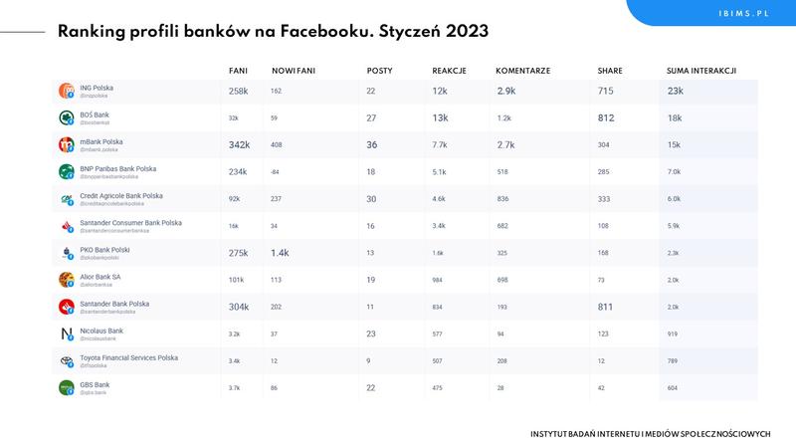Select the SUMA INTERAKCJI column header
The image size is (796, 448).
click(701, 71)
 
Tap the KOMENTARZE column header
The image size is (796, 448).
click(522, 71)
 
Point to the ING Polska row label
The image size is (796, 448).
click(97, 88)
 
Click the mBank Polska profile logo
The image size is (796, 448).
click(67, 144)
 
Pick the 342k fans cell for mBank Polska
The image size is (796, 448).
click(239, 144)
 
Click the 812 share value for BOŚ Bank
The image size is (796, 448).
click(606, 117)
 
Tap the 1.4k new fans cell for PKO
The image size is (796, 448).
click(280, 253)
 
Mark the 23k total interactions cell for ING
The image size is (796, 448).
click(675, 91)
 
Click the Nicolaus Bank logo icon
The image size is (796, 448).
click(67, 334)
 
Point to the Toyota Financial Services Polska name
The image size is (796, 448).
click(128, 357)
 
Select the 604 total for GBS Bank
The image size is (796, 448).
click(674, 388)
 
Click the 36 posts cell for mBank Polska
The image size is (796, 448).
click(372, 144)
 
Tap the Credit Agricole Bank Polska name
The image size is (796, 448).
click(120, 196)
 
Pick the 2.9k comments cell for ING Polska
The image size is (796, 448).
click(506, 91)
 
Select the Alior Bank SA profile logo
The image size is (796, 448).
click(67, 280)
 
